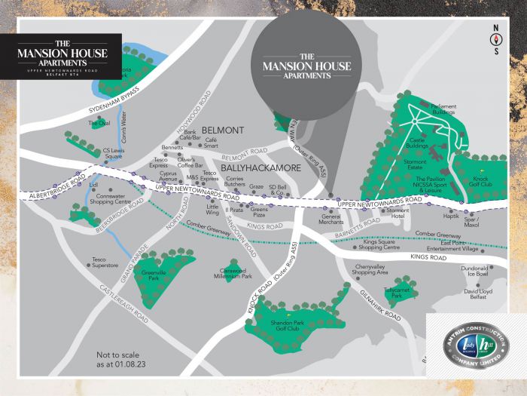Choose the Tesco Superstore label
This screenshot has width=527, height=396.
click(105, 262)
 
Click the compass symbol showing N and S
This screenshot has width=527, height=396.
click(495, 42)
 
